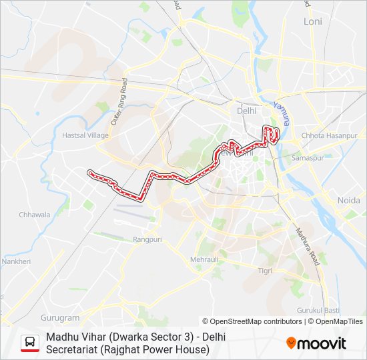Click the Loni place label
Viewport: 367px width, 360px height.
(312, 21)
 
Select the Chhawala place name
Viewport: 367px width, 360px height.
(35, 215)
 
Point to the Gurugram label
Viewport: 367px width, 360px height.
(59, 318)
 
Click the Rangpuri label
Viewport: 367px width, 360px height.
(147, 239)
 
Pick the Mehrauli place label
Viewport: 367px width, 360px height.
(204, 259)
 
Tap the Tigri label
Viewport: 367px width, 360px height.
(266, 270)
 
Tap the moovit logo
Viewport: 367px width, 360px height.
(316, 343)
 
